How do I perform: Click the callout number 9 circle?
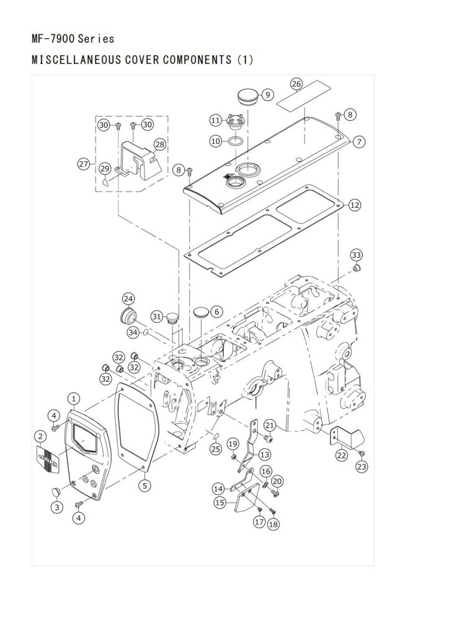(x=268, y=95)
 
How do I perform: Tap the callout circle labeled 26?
(x=296, y=84)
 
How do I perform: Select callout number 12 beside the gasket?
(x=354, y=205)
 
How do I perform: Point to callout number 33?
(x=356, y=255)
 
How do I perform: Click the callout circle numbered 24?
(x=128, y=300)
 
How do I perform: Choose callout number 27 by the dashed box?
(x=84, y=164)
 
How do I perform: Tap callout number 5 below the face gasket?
(x=145, y=485)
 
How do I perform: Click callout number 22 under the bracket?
(x=342, y=455)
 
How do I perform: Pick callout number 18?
(x=273, y=524)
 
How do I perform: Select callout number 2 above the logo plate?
(x=40, y=437)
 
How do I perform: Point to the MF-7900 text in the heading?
(x=53, y=39)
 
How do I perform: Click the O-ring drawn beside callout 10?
(x=236, y=142)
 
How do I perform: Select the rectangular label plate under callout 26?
(x=304, y=95)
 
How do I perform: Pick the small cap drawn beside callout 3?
(x=55, y=491)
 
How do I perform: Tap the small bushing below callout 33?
(x=356, y=269)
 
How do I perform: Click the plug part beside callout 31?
(x=173, y=318)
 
